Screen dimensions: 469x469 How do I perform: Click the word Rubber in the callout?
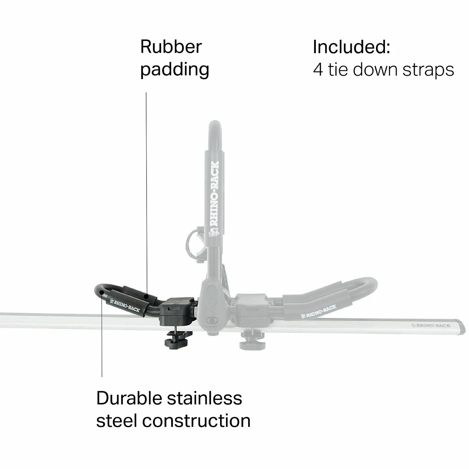pyautogui.click(x=171, y=47)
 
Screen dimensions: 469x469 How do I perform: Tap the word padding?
pyautogui.click(x=175, y=70)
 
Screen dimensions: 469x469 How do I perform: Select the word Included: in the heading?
pyautogui.click(x=351, y=47)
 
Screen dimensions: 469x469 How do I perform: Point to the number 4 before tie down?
pyautogui.click(x=318, y=70)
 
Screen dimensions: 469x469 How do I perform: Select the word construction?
pyautogui.click(x=196, y=421)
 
